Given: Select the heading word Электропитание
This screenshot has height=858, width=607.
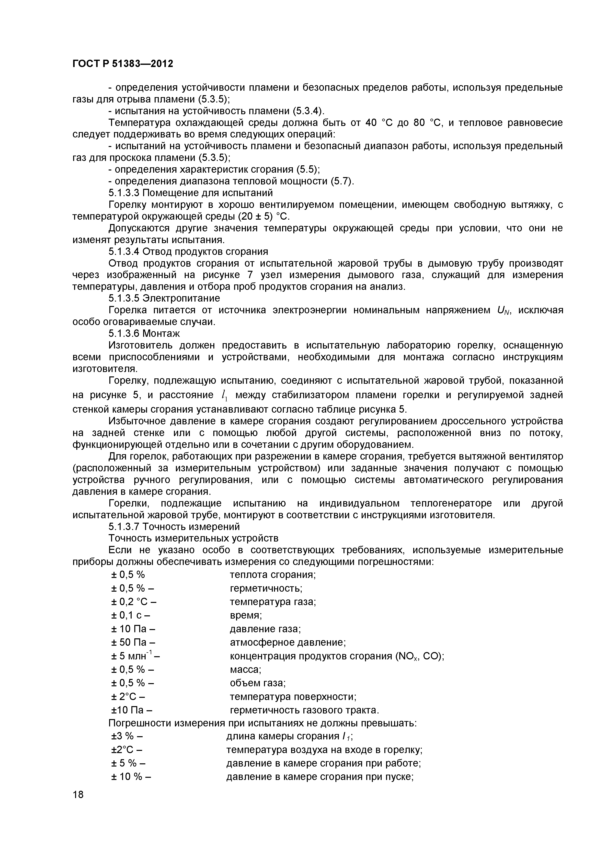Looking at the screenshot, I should pos(181,298).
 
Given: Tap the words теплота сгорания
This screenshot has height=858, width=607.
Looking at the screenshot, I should pos(273,575).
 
